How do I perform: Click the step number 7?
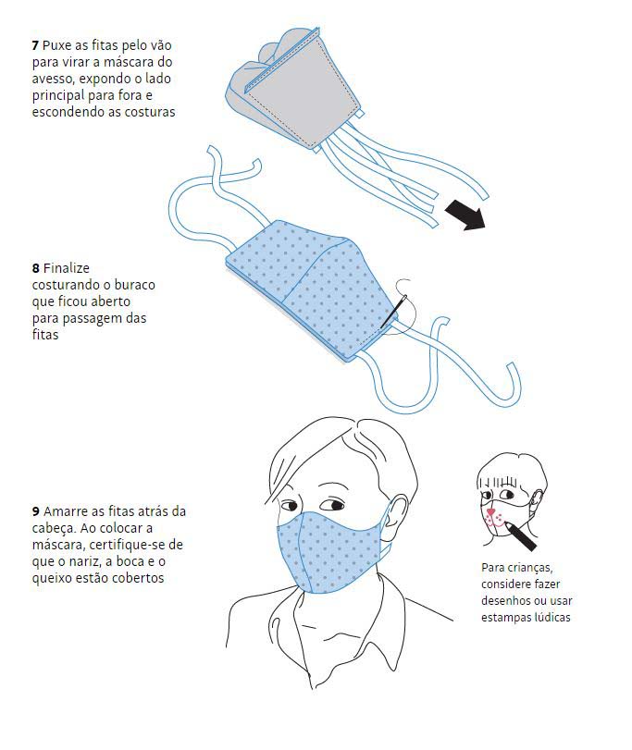pyautogui.click(x=35, y=46)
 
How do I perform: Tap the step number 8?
pyautogui.click(x=35, y=268)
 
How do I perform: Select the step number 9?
pyautogui.click(x=36, y=511)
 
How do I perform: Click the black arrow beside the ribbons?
pyautogui.click(x=465, y=215)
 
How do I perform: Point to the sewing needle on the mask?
pyautogui.click(x=393, y=312)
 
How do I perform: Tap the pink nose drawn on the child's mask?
pyautogui.click(x=489, y=512)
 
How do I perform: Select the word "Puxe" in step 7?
pyautogui.click(x=56, y=46)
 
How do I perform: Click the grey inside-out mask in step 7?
pyautogui.click(x=293, y=91)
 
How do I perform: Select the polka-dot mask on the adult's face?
pyautogui.click(x=330, y=552)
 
